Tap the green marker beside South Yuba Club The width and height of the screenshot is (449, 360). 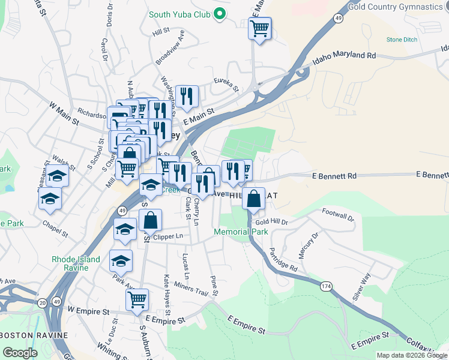click(220, 13)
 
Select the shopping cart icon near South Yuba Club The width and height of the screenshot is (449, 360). click(260, 28)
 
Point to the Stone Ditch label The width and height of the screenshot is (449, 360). click(402, 40)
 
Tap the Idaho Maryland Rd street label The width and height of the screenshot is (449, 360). click(344, 58)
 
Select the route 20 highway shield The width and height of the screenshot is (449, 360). click(42, 304)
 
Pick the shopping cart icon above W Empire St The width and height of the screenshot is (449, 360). click(138, 298)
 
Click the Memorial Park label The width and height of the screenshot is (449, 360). click(241, 231)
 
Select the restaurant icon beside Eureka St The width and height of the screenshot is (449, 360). click(187, 96)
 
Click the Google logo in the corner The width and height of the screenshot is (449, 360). click(19, 353)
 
